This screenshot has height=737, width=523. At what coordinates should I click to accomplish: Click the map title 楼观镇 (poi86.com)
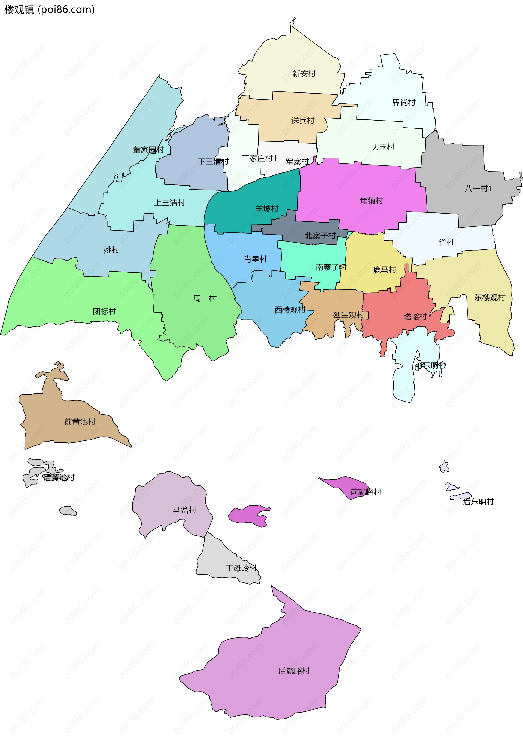49,10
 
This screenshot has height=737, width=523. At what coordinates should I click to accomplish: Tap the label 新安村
303,74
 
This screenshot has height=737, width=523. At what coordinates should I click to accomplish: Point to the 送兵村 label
302,121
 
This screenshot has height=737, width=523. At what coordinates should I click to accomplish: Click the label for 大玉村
383,147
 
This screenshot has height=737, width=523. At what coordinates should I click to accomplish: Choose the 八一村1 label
478,189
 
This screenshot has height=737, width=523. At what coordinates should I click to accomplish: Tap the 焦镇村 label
371,201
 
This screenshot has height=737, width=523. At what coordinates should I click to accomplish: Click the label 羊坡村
267,209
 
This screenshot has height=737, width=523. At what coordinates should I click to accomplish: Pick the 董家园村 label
148,150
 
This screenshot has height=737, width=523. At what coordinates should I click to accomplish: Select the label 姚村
111,250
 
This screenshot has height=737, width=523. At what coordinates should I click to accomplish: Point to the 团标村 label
104,311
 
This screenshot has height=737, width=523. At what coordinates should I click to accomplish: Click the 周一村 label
205,298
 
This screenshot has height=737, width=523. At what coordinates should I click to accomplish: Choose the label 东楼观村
489,297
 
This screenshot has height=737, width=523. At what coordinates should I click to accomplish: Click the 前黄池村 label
80,422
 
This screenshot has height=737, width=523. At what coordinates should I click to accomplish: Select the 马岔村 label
184,510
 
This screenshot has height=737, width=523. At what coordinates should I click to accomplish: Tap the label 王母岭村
241,568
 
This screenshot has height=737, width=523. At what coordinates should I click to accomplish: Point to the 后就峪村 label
294,671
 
